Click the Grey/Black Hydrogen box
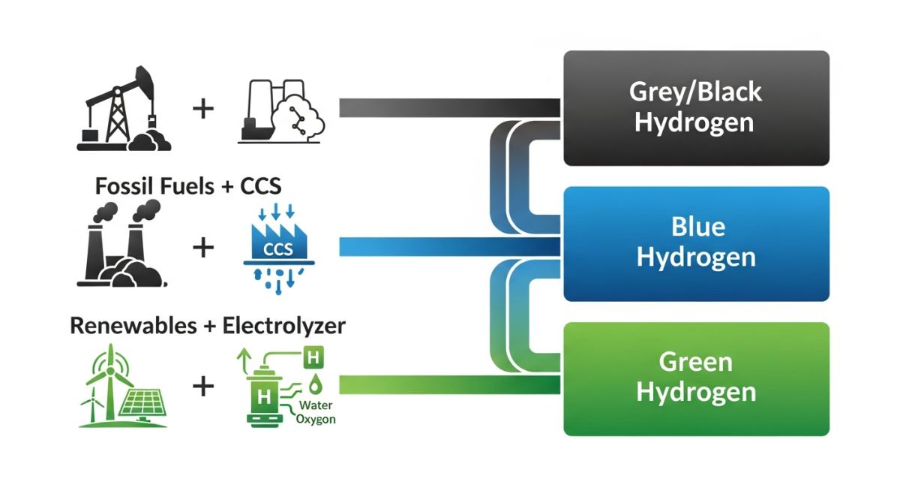coord(696,108)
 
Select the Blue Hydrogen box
coord(696,243)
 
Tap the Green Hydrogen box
coord(696,378)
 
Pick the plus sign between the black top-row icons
coord(203,109)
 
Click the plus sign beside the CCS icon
coord(203,247)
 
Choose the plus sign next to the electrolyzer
coord(203,387)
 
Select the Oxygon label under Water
coord(316,419)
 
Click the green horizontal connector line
coord(450,384)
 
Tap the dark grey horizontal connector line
coord(450,108)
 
